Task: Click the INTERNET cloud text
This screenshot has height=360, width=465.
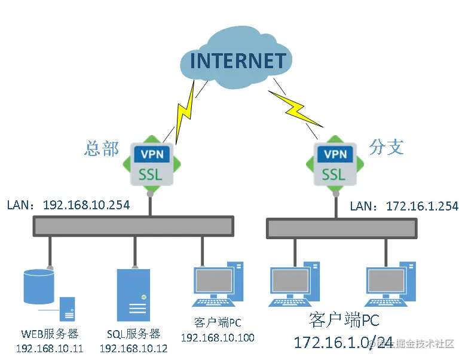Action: (x=238, y=61)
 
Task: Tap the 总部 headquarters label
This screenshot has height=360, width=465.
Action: (x=102, y=148)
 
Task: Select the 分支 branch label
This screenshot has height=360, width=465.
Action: (x=386, y=147)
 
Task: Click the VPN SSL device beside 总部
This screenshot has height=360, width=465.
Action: (x=152, y=163)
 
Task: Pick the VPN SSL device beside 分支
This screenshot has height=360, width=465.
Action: (x=334, y=163)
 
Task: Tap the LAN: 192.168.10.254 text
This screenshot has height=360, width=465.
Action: (x=68, y=205)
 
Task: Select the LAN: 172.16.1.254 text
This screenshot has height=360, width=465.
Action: (x=404, y=206)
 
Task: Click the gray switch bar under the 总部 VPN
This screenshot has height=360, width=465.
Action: (x=133, y=225)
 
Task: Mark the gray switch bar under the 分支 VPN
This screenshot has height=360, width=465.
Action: (x=341, y=228)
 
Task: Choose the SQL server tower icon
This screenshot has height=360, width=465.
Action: (x=133, y=295)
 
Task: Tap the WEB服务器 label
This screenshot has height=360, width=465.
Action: (x=50, y=334)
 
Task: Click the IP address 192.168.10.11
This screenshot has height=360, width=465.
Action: (x=50, y=348)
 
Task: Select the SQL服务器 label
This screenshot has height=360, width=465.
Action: (x=133, y=334)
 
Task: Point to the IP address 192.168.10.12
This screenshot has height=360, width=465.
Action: (x=133, y=348)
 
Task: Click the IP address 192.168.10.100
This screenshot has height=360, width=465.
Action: (x=217, y=338)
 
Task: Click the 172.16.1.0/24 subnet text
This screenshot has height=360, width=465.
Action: (x=343, y=343)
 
